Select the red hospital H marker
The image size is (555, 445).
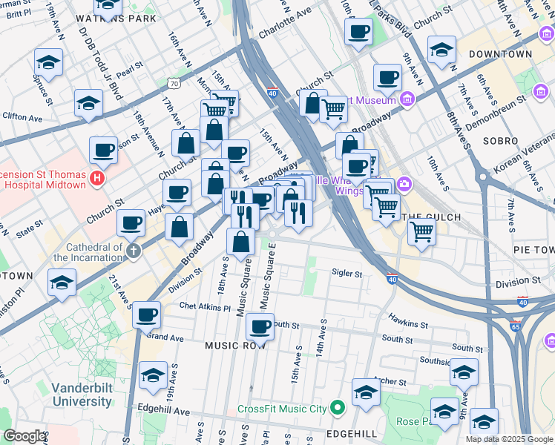(x=96, y=178)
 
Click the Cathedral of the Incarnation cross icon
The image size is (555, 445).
(x=134, y=250)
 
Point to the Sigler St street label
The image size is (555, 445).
(x=347, y=274)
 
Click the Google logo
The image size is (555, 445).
(x=24, y=436)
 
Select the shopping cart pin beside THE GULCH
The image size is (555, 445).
(x=421, y=231)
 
